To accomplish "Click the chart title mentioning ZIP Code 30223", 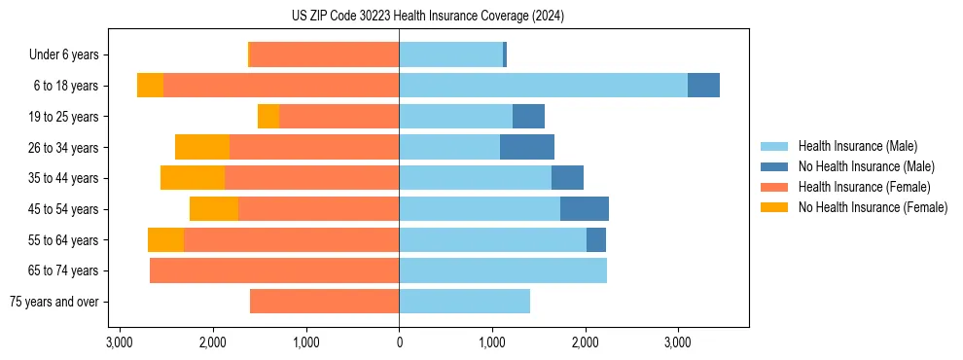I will (x=427, y=17).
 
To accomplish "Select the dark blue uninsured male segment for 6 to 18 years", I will (x=703, y=86).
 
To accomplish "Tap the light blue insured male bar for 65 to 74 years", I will (x=503, y=270).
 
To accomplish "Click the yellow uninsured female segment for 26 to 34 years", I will (x=202, y=147).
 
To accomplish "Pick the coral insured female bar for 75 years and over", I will (x=324, y=302).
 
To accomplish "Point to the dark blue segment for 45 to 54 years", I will (x=585, y=209).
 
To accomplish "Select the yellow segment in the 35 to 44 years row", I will (x=193, y=178).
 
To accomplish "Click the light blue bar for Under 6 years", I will (x=450, y=54).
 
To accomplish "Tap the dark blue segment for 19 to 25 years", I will (x=528, y=117).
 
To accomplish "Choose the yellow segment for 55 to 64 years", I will (x=165, y=240).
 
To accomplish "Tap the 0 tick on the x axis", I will (x=399, y=342).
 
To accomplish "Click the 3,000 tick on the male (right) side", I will (x=678, y=342).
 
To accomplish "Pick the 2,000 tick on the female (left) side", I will (x=213, y=342).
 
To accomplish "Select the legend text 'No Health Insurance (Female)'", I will (x=873, y=207).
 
